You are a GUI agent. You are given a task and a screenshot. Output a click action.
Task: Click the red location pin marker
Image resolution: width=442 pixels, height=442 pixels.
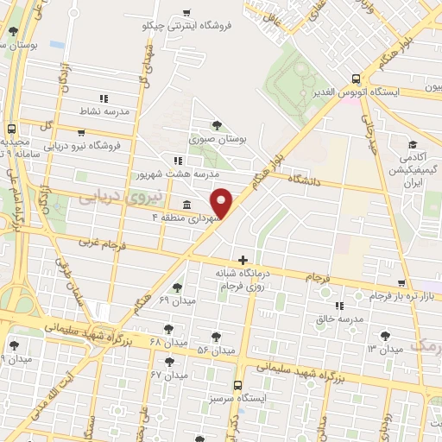222,203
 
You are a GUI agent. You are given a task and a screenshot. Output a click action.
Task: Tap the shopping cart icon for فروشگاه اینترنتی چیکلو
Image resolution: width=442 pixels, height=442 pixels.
186,12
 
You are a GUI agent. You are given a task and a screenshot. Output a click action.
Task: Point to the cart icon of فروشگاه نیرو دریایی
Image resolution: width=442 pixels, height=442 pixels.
80,134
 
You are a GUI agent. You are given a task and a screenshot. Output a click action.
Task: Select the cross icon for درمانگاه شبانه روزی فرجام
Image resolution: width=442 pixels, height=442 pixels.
243,259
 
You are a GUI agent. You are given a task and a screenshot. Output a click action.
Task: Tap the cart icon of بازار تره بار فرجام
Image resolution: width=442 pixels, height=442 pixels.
426,284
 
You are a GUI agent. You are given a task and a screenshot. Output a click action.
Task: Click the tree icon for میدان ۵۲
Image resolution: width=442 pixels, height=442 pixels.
216,338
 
